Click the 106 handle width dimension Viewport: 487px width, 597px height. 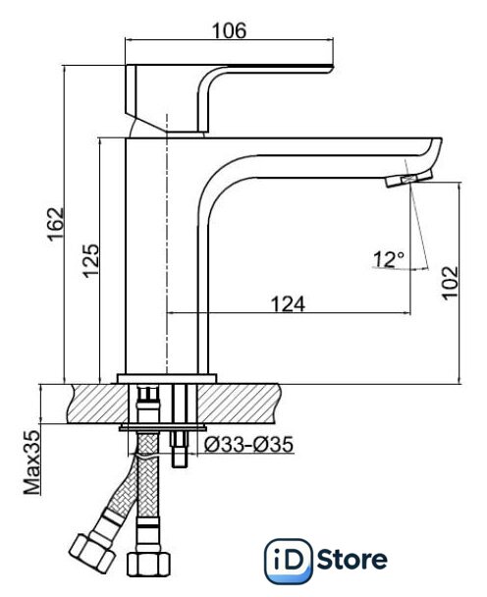(229, 30)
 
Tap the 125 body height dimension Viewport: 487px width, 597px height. (91, 261)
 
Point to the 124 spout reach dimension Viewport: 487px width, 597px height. (288, 304)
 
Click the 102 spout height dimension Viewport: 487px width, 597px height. (451, 283)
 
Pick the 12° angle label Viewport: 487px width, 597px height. (389, 259)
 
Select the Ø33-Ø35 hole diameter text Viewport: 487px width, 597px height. (248, 445)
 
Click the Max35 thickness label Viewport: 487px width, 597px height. (32, 462)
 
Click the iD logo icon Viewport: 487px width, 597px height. (288, 561)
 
